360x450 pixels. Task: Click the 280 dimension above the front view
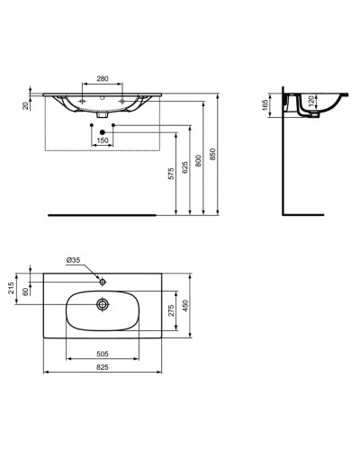point(103,78)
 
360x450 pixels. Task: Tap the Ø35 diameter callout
point(73,261)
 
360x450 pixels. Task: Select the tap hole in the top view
point(103,282)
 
